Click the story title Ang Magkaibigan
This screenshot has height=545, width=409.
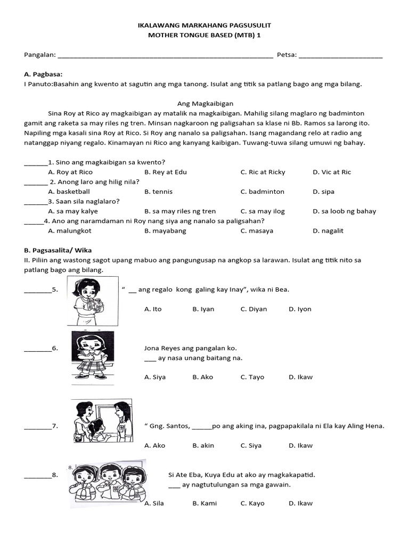(205, 104)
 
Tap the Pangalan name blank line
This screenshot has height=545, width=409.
(165, 56)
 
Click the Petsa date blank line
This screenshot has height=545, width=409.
(341, 56)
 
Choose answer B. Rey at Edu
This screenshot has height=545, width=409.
(166, 172)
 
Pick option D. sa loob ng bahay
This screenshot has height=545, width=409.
(344, 211)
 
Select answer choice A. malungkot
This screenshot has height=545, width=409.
(70, 230)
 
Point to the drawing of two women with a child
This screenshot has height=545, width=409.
(102, 420)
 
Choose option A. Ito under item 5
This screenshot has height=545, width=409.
(153, 309)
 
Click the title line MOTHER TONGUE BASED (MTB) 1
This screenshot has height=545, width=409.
(204, 35)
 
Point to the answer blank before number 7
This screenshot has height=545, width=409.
(37, 426)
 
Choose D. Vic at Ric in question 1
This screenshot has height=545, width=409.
(332, 172)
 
